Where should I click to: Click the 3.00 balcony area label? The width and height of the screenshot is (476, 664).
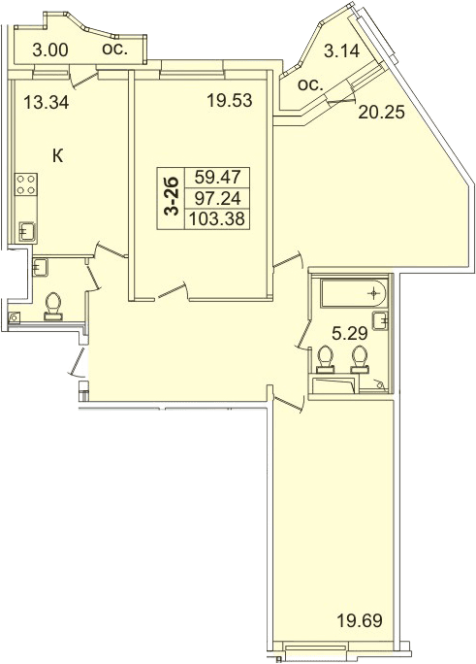49,50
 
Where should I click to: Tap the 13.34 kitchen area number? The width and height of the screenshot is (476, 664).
47,103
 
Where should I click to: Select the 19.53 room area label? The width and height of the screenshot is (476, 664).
229,101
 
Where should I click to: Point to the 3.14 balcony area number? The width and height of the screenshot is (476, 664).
341,50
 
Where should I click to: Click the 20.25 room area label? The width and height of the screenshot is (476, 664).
382,113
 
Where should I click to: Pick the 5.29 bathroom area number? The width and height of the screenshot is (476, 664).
349,335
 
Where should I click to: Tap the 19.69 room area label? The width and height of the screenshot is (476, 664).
360,621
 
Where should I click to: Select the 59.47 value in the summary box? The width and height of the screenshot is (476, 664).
217,177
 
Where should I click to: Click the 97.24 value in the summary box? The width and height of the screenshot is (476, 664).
217,198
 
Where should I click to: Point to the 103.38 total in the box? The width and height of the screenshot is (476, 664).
217,219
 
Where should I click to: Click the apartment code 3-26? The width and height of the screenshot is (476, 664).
172,197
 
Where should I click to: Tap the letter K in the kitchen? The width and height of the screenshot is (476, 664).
57,156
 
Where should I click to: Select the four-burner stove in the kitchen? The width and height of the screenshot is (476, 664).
25,184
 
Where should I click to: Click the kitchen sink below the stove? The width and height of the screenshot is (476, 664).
27,232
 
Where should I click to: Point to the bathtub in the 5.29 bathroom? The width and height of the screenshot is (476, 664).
354,293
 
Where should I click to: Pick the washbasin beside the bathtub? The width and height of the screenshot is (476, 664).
381,320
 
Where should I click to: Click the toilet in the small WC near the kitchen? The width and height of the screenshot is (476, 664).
53,306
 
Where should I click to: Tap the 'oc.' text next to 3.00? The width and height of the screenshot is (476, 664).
114,50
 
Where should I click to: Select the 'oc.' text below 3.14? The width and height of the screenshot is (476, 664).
310,85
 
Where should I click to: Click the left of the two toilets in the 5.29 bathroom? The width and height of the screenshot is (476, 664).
325,360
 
